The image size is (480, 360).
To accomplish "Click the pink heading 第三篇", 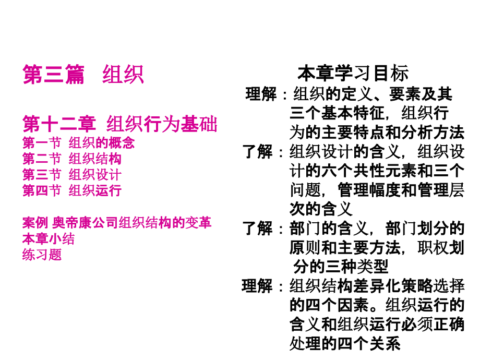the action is pyautogui.click(x=54, y=75).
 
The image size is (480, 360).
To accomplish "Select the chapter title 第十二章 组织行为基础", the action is pyautogui.click(x=120, y=124).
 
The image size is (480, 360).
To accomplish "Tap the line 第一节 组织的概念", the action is pyautogui.click(x=79, y=142).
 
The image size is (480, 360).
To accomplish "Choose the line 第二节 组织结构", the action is pyautogui.click(x=72, y=159).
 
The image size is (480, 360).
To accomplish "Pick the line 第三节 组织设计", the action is pyautogui.click(x=72, y=174).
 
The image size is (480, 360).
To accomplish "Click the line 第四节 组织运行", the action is pyautogui.click(x=72, y=190).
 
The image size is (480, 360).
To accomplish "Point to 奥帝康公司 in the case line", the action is pyautogui.click(x=85, y=223).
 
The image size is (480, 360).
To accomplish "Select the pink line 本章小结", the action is pyautogui.click(x=49, y=238).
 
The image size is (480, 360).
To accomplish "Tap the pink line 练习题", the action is pyautogui.click(x=42, y=255).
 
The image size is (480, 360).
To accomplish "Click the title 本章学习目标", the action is pyautogui.click(x=353, y=73).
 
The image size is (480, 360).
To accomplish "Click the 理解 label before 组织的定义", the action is pyautogui.click(x=261, y=94).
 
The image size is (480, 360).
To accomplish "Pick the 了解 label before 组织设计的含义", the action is pyautogui.click(x=257, y=152).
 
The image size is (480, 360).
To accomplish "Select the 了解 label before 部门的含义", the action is pyautogui.click(x=257, y=229).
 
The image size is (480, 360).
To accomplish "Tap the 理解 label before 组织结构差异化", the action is pyautogui.click(x=257, y=286).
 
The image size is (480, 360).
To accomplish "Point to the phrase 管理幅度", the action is pyautogui.click(x=369, y=190).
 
